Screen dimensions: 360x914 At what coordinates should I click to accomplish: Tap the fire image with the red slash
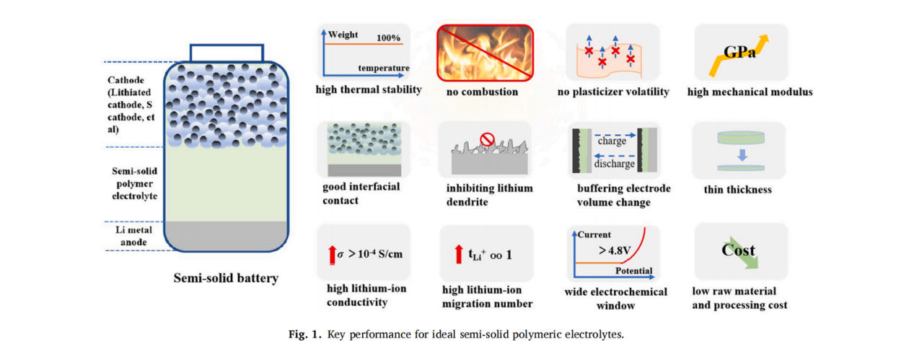485,52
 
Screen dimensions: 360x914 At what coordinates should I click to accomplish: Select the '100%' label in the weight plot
390,37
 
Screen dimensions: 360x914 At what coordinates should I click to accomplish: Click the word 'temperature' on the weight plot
383,69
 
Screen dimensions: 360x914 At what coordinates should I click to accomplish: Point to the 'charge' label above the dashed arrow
612,141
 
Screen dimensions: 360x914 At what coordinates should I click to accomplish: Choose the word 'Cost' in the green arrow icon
738,250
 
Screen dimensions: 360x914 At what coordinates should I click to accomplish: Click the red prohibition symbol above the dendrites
487,139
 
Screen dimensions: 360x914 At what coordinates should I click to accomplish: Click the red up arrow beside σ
332,254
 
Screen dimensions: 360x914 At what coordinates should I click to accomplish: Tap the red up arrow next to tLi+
458,255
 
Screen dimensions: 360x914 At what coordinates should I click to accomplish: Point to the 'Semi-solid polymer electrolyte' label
135,183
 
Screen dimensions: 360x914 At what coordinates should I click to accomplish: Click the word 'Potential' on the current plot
633,271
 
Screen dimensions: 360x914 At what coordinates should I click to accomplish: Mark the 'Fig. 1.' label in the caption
304,334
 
